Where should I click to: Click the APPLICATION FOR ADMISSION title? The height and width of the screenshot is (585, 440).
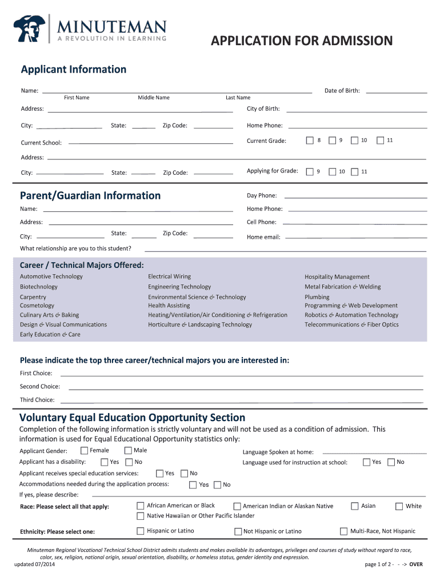(x=302, y=41)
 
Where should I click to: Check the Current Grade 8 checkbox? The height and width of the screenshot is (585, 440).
(x=310, y=141)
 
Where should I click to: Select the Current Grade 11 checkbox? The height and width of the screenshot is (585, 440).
(x=381, y=141)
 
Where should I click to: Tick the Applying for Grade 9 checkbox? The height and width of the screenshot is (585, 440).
(x=310, y=171)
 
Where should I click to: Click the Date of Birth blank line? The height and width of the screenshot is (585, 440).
(x=396, y=91)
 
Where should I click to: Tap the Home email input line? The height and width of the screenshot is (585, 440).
(x=355, y=237)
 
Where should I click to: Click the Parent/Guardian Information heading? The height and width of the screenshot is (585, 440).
(x=90, y=195)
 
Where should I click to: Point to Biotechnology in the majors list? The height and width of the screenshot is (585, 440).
(x=39, y=287)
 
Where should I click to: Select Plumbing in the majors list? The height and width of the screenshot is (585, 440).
(x=317, y=297)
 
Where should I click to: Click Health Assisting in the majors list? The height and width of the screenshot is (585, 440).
(x=169, y=306)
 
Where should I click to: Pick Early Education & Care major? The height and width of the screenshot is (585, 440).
(x=50, y=335)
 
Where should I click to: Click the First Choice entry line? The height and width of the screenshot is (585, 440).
(x=242, y=375)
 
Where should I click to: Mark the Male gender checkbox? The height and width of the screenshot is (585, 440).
(x=128, y=451)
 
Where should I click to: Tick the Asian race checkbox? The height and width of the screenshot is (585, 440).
(x=354, y=506)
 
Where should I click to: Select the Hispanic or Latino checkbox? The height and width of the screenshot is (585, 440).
(x=141, y=531)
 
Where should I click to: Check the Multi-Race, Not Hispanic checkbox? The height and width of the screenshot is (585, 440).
(x=343, y=531)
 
